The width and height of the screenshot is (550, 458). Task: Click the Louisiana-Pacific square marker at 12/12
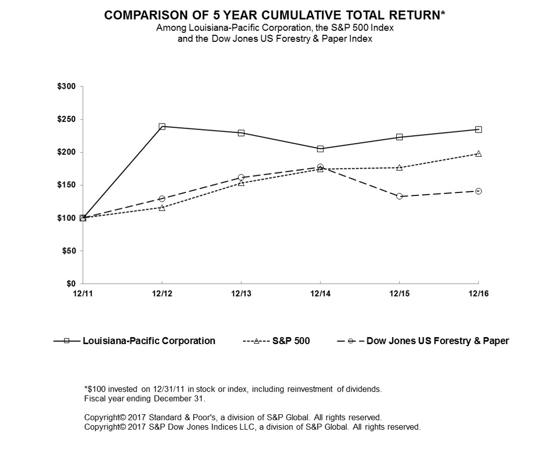(162, 126)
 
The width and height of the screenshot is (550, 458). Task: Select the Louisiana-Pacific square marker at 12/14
(320, 149)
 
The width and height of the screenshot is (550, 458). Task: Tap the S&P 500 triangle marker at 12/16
(478, 154)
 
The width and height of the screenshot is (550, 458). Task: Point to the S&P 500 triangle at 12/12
(162, 208)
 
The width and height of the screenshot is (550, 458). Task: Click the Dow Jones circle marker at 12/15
(399, 196)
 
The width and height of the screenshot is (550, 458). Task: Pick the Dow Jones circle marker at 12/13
(241, 177)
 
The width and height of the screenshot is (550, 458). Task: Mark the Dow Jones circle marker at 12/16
(478, 191)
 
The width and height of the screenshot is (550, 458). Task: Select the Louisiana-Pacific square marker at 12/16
(478, 129)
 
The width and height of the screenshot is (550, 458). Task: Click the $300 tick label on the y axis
(67, 87)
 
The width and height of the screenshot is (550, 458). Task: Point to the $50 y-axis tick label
(69, 251)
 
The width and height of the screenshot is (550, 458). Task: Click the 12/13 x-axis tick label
(241, 294)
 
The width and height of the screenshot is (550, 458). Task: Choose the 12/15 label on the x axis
(399, 294)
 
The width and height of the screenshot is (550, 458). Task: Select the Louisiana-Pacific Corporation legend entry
(149, 341)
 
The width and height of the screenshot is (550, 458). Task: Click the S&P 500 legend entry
(291, 341)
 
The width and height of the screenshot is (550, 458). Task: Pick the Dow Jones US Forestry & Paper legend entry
(437, 341)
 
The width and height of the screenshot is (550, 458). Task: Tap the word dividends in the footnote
(365, 389)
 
